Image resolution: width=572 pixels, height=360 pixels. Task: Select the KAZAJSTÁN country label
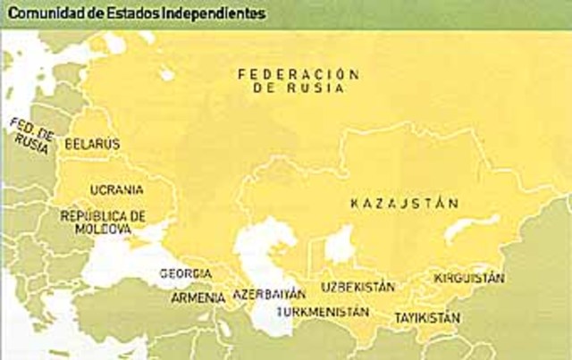(x=404, y=204)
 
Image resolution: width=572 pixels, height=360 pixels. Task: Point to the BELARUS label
(x=92, y=143)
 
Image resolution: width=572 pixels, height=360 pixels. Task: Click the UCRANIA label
(x=117, y=190)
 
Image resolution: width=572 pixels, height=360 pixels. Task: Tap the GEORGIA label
(x=186, y=272)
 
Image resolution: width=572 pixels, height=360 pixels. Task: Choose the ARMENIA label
(x=192, y=297)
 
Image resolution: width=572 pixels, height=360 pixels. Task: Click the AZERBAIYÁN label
(x=268, y=293)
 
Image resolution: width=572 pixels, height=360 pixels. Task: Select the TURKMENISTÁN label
(x=323, y=312)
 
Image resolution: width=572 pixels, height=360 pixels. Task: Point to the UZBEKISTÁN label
(x=357, y=288)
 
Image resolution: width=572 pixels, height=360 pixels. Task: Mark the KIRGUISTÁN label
(x=469, y=278)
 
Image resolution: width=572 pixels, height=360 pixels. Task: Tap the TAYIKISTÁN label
(x=427, y=317)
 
